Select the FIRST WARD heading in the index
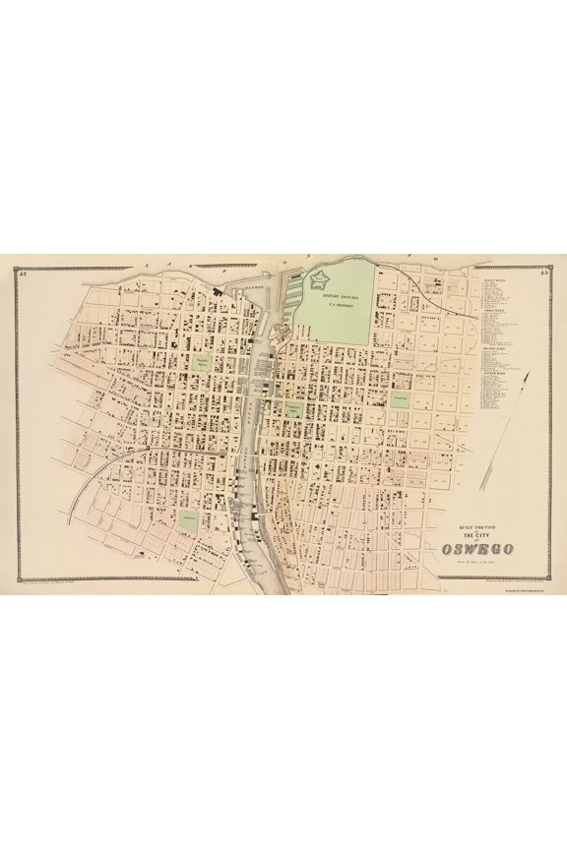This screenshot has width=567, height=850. click(x=494, y=279)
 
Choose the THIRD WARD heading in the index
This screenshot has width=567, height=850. click(x=494, y=347)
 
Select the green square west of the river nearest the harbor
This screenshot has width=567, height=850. click(x=202, y=362)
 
